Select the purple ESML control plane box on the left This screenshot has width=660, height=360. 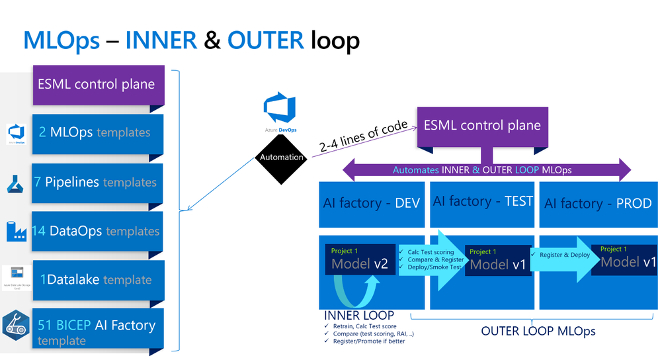pos(97,85)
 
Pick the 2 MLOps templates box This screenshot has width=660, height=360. pos(97,132)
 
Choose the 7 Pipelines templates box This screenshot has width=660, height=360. pos(97,182)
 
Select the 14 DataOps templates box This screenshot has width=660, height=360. pos(97,231)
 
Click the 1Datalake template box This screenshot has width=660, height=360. pos(97,279)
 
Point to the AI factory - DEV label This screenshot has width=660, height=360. pos(372,203)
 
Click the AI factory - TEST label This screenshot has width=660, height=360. pos(482,201)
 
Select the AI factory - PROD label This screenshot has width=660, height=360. pos(598,203)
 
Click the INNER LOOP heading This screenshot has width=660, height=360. pos(359,315)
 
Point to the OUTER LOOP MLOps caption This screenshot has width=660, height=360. pos(538,330)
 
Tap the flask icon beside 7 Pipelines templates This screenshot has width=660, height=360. pos(16,181)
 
